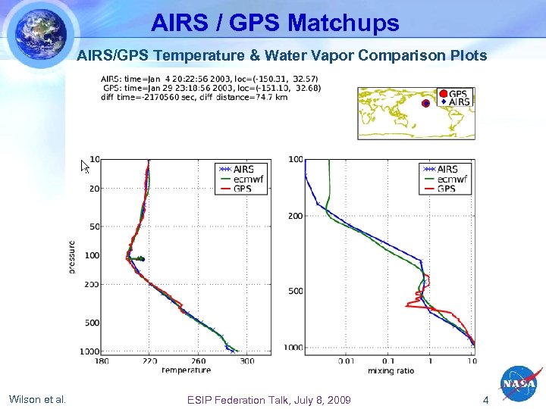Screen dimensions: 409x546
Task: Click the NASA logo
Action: tap(520, 384)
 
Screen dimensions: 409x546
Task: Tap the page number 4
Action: tap(486, 400)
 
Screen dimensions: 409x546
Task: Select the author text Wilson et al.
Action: tap(37, 399)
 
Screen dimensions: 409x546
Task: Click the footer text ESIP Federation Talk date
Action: tap(269, 400)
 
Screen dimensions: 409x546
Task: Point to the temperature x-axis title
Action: tap(186, 370)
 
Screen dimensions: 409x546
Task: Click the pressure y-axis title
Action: tap(72, 257)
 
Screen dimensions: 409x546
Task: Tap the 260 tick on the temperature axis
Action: tap(199, 361)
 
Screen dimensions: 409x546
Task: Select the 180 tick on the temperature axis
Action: tap(102, 361)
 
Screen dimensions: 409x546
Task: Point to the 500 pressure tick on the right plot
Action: tap(295, 291)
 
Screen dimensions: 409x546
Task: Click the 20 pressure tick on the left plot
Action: tap(94, 189)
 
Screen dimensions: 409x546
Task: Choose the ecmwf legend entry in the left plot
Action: tap(243, 179)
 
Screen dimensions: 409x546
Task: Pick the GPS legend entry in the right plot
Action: tap(446, 188)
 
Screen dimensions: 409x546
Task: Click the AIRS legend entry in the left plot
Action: tap(243, 169)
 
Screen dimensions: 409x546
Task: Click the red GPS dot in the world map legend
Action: tap(444, 94)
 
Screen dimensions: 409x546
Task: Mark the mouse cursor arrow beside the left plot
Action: tap(85, 165)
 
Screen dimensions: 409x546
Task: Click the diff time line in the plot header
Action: tap(193, 97)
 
